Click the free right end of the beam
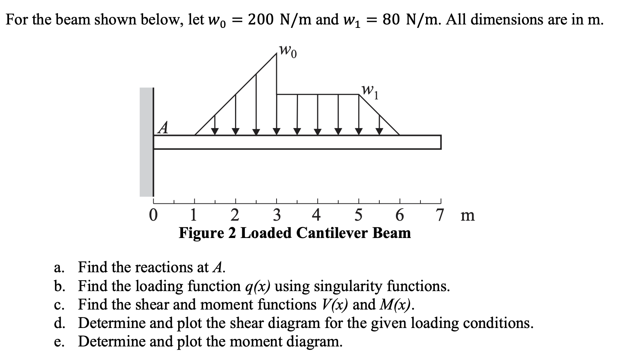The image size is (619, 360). (x=439, y=142)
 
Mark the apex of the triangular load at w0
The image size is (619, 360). (x=277, y=54)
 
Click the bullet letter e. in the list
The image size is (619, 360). (x=59, y=342)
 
